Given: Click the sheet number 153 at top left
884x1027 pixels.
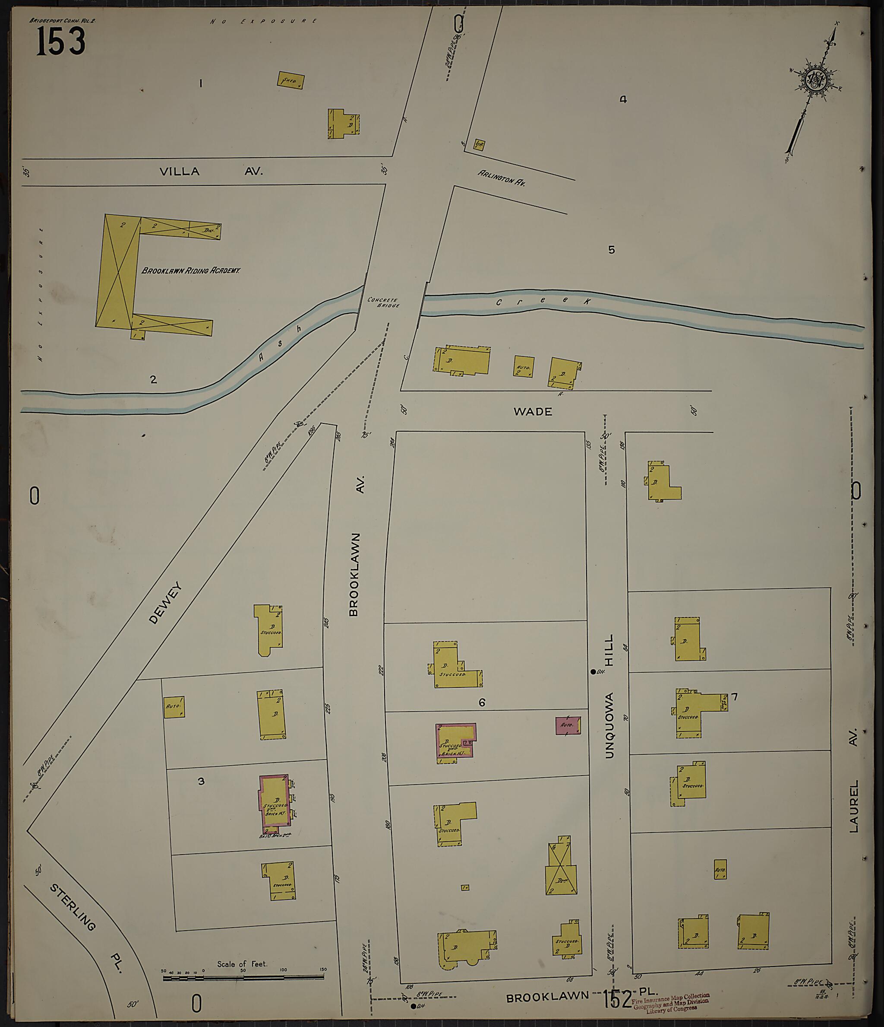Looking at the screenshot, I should tap(61, 41).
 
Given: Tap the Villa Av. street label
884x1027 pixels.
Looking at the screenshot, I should tap(211, 172).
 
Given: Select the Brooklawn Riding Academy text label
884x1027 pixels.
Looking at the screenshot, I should tap(191, 270).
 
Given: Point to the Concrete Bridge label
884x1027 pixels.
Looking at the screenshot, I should tap(383, 302).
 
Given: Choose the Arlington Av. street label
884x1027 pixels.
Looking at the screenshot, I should tap(501, 178).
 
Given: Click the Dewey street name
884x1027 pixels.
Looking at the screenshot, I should tap(165, 603).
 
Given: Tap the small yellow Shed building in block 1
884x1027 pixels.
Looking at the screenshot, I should tap(290, 80).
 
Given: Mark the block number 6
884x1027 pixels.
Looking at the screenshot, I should tap(481, 703).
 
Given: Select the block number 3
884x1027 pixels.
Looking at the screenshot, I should tap(201, 781).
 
